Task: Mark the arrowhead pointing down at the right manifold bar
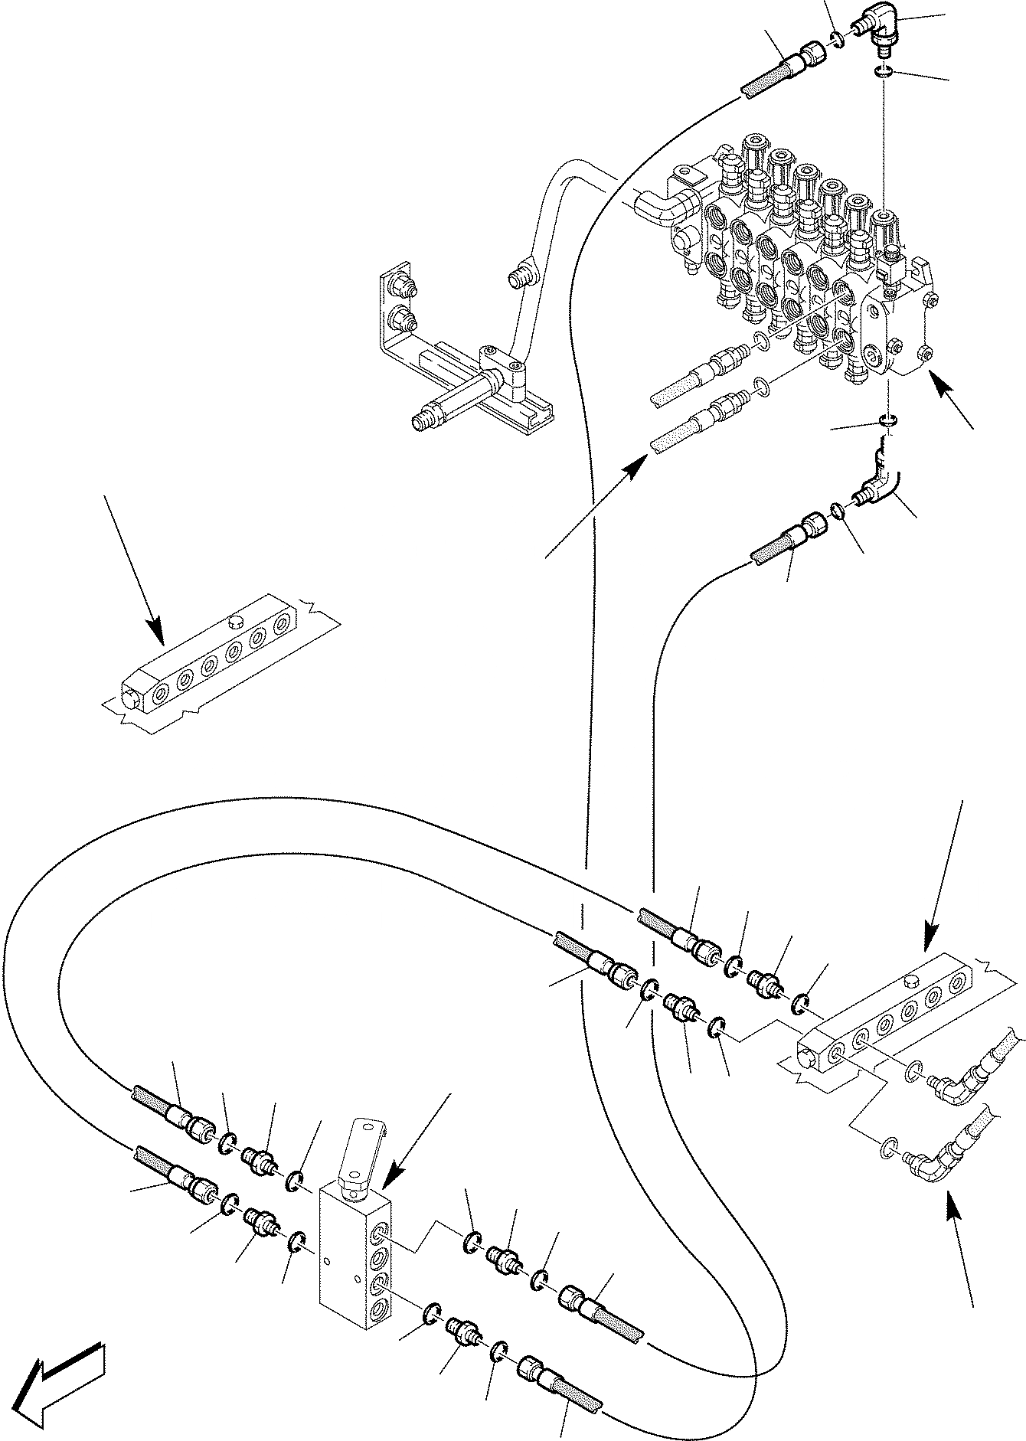tap(931, 941)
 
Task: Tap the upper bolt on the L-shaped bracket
tap(400, 287)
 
